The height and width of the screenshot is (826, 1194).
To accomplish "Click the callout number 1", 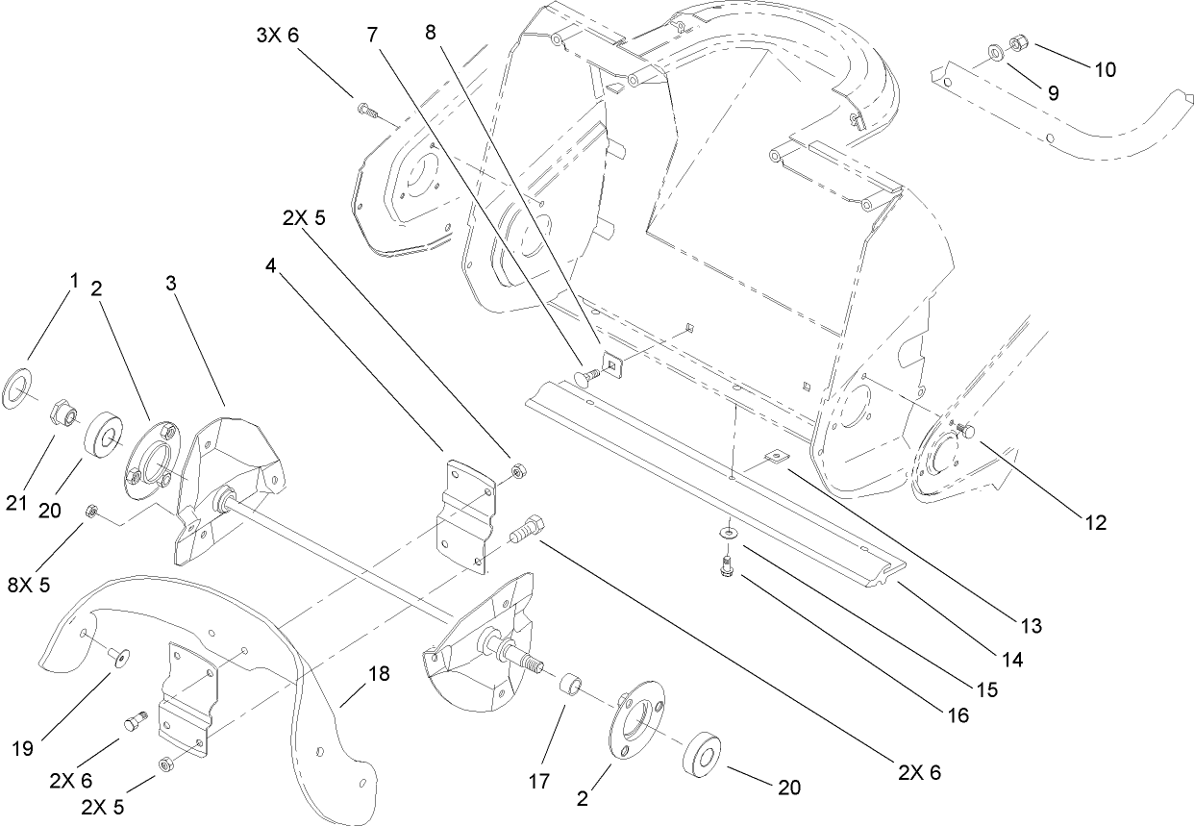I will click(73, 281).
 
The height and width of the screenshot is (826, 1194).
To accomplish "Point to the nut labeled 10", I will click(1019, 44).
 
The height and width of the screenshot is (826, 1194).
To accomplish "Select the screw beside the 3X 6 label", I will click(366, 111).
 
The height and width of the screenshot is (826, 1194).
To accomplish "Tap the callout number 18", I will click(379, 674).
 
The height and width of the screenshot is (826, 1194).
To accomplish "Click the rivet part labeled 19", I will click(120, 657).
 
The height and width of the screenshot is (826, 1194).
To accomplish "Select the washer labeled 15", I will click(730, 532).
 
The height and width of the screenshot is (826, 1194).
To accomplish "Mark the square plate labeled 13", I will click(777, 460).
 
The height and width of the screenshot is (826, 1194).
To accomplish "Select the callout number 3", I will click(170, 285).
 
